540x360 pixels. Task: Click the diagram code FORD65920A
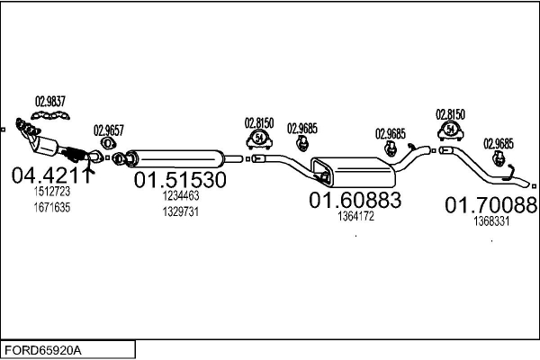(43, 350)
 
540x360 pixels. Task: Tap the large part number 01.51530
(180, 179)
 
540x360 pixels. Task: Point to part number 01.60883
(355, 200)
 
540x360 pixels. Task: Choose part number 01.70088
(491, 205)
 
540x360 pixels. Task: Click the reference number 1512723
(52, 191)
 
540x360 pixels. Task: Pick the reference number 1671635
(52, 207)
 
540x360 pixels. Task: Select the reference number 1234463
(181, 195)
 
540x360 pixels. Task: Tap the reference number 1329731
(181, 211)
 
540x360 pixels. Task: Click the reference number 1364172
(355, 216)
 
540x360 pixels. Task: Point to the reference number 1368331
(491, 221)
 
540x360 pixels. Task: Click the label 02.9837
(50, 102)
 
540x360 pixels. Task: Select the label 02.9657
(109, 130)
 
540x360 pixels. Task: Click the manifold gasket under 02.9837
(50, 115)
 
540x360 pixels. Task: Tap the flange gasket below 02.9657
(108, 142)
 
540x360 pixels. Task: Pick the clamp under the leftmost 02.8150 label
(259, 139)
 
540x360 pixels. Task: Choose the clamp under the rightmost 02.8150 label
(451, 131)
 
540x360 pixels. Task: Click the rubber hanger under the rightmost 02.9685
(499, 158)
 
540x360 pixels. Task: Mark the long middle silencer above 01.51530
(175, 158)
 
